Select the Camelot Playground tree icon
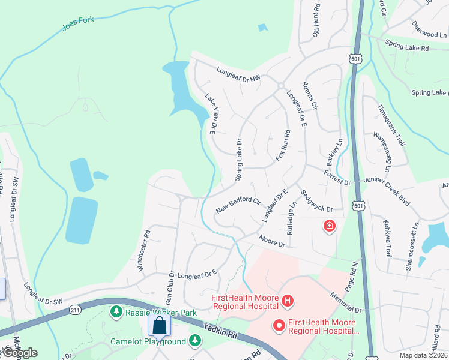[x=194, y=341]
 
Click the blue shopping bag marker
[x=160, y=325]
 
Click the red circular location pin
[x=279, y=326]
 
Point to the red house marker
[x=329, y=226]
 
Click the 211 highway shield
[x=75, y=310]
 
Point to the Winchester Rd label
[x=145, y=250]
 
